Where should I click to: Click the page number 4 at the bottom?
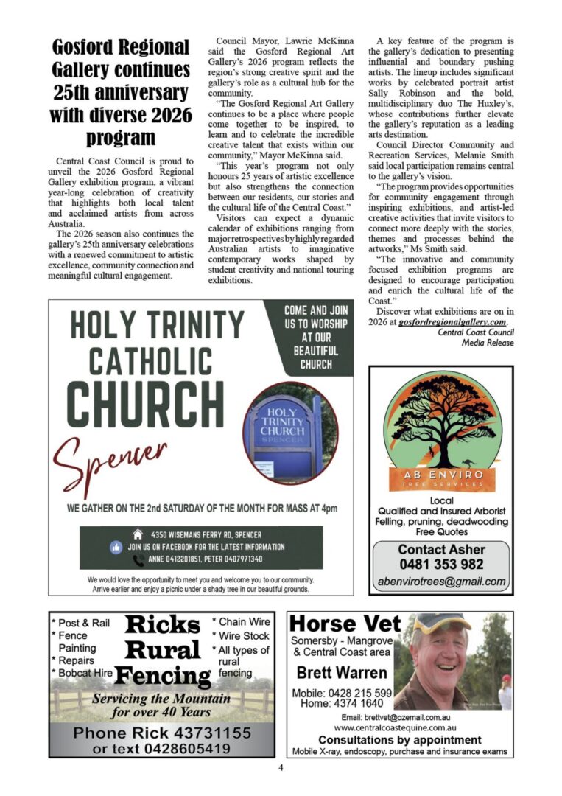point(281,767)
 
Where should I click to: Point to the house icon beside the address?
point(137,534)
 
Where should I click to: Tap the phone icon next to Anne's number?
point(138,560)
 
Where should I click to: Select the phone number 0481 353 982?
point(440,564)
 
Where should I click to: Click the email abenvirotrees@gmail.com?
point(440,581)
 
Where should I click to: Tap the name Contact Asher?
point(440,549)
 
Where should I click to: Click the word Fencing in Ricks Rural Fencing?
point(163,675)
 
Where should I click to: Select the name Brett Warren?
point(341,673)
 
